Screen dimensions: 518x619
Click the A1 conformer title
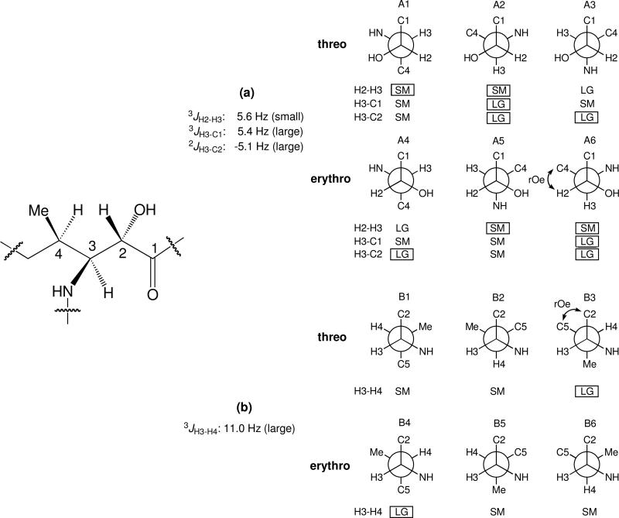pyautogui.click(x=402, y=6)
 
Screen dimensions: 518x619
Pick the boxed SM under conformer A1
pyautogui.click(x=402, y=90)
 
